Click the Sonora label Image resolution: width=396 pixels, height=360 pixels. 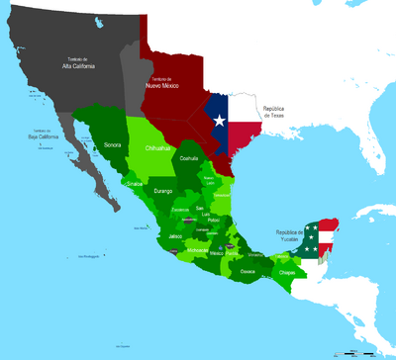point(113,144)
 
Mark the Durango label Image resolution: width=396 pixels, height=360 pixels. point(163,188)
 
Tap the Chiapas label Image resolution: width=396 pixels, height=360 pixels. point(288,270)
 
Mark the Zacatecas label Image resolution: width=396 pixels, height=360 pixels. point(180,210)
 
